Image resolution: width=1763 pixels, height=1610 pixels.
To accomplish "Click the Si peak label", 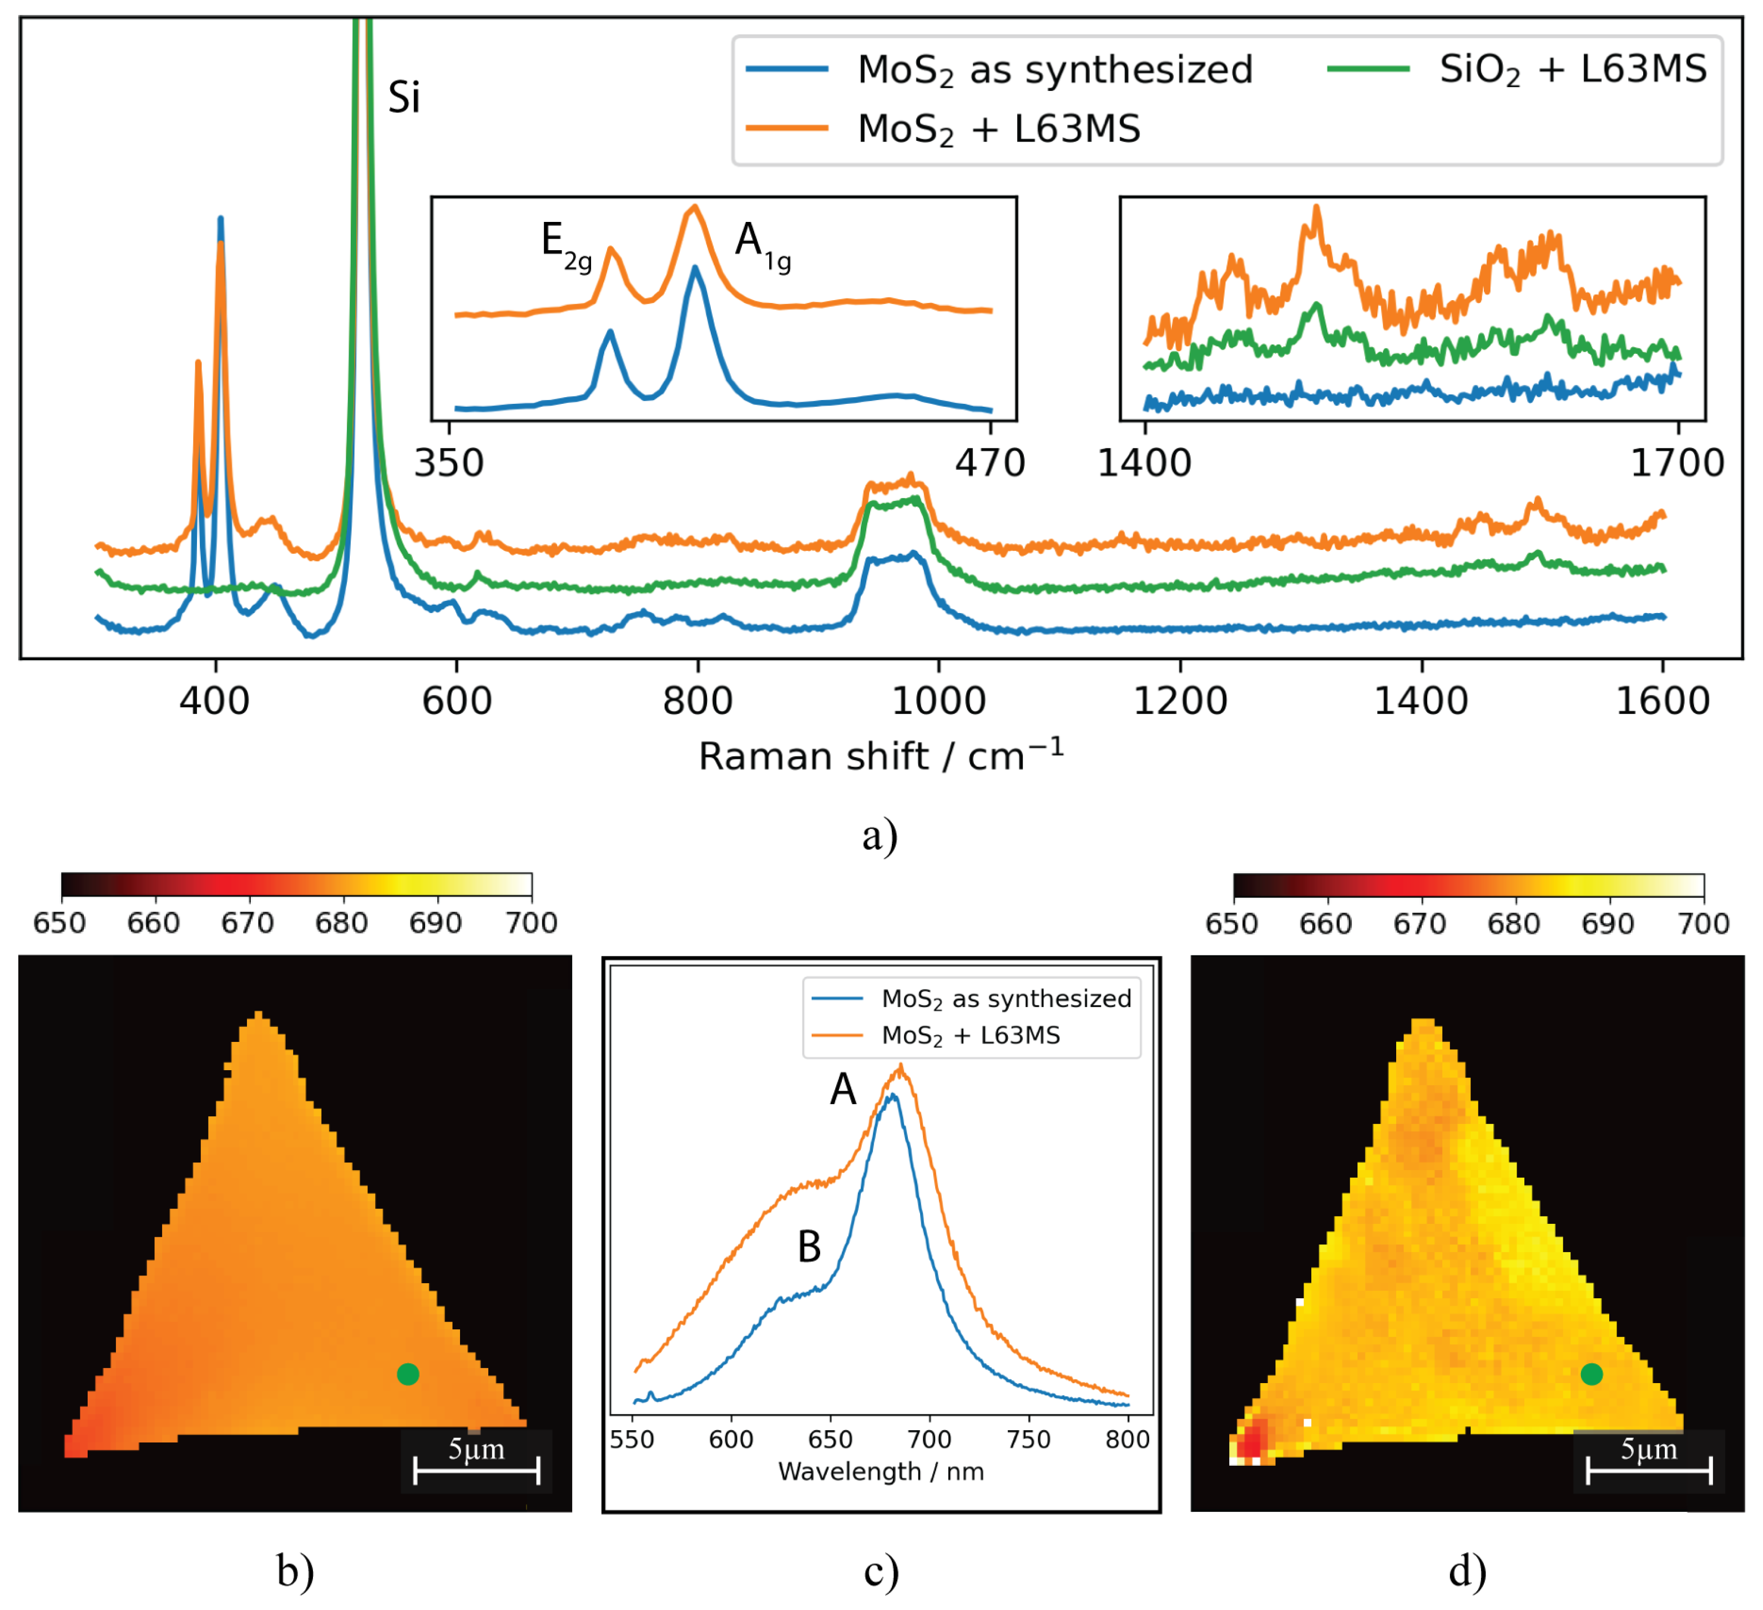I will [404, 97].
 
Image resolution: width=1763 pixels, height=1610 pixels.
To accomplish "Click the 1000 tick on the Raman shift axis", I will [938, 701].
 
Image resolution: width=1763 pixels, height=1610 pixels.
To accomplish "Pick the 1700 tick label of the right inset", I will [1676, 463].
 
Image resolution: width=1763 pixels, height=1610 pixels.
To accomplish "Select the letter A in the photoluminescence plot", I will [842, 1090].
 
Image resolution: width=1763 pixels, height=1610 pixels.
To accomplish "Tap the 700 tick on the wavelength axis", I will [929, 1439].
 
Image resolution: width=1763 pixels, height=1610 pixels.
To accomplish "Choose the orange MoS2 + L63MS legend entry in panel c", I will [970, 1035].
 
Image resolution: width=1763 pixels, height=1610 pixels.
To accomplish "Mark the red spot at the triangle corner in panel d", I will [1253, 1437].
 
